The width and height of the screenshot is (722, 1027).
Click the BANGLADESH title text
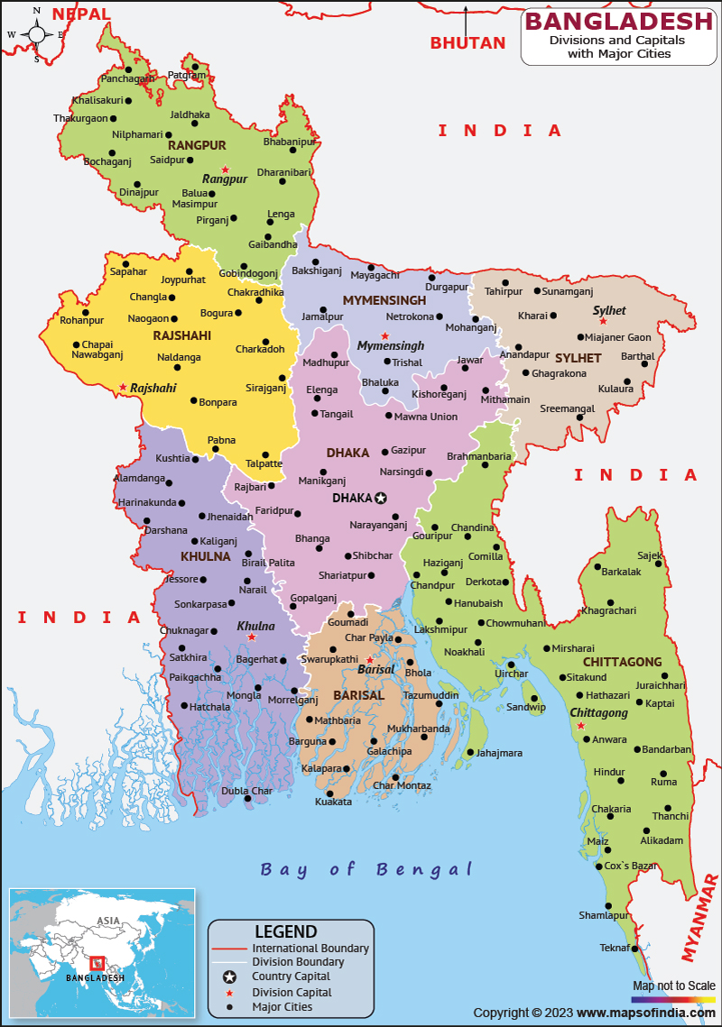(618, 21)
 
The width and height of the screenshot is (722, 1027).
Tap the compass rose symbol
(37, 35)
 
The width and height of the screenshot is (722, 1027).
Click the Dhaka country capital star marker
(381, 498)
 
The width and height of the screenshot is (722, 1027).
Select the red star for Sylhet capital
(604, 321)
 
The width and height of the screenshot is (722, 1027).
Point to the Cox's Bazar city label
(630, 866)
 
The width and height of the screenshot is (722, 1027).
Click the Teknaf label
(615, 947)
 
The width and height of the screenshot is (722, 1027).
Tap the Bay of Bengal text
(366, 869)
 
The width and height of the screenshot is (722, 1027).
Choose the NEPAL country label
(81, 14)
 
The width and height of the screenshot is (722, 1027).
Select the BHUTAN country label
(467, 42)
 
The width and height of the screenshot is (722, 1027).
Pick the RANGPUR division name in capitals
(197, 145)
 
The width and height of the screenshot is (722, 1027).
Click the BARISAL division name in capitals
(358, 695)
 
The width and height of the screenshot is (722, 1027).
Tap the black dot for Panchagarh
(129, 69)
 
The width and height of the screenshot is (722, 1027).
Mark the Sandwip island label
(525, 707)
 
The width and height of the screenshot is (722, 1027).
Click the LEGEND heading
(285, 931)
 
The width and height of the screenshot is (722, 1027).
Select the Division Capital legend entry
(292, 992)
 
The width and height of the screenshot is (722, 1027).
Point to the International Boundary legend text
(310, 948)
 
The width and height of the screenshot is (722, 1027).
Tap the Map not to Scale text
(673, 986)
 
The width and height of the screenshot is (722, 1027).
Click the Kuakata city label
(333, 802)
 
